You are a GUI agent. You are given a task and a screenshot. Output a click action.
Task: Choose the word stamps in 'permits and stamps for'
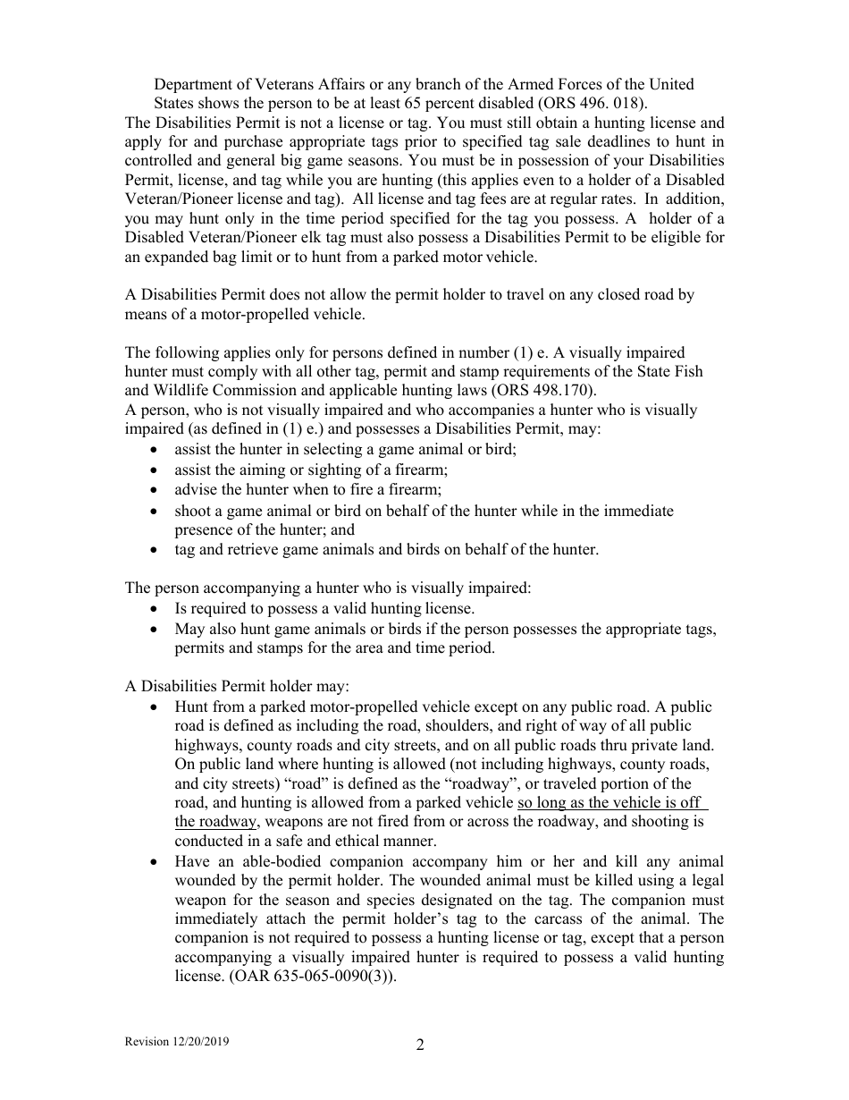coord(282,647)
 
